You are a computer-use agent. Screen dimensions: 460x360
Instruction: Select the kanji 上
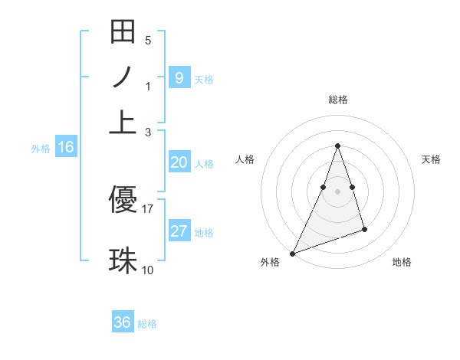coord(123,122)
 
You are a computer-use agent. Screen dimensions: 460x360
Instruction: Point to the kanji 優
coord(123,200)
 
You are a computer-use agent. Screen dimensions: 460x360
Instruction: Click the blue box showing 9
coord(179,77)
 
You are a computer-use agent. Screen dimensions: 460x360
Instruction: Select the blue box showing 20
coord(179,162)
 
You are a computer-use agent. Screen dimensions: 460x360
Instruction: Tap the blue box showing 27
coord(179,231)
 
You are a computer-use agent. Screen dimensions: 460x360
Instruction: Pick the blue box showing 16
coord(66,148)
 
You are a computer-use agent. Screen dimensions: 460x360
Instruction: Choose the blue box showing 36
coord(123,322)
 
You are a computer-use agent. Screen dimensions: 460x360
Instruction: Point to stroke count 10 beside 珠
coord(148,270)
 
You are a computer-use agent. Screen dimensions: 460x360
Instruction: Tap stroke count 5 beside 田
coord(148,40)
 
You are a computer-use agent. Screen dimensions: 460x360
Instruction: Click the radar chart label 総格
coord(337,100)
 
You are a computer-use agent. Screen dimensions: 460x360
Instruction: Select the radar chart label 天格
coord(431,159)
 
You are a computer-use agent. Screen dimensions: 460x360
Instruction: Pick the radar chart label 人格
coord(245,159)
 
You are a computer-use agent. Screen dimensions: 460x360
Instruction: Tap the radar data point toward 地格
coord(364,229)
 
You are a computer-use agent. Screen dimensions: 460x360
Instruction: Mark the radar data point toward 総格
coord(337,146)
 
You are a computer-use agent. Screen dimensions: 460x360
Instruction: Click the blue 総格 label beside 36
coord(147,323)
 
